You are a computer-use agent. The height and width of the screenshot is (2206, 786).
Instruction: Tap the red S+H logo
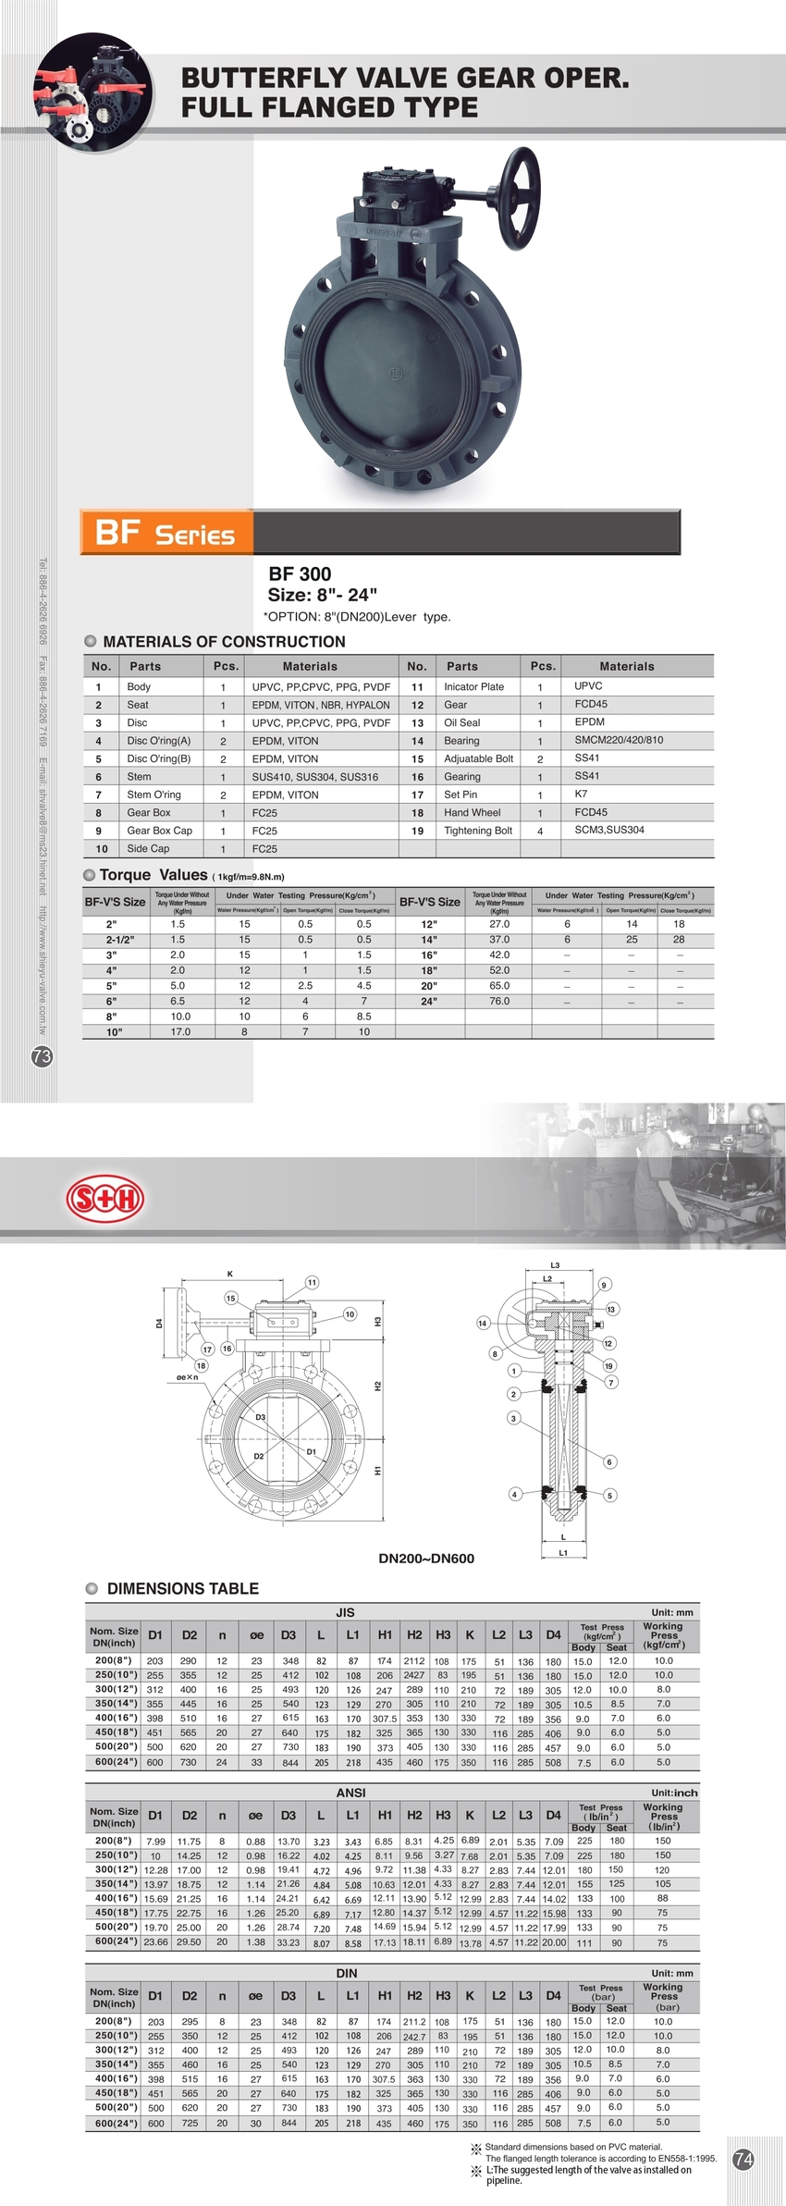[105, 1200]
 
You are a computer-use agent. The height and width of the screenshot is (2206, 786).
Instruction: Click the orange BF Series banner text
[166, 533]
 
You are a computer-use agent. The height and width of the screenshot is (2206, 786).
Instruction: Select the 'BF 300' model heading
[300, 573]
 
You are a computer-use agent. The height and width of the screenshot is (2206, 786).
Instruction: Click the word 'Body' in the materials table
[139, 686]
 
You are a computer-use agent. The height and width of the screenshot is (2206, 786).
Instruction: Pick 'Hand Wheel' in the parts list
[472, 812]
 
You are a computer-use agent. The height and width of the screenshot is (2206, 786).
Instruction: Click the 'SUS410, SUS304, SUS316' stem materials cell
[315, 777]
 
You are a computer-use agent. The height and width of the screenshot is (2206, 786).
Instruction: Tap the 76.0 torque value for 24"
[499, 1001]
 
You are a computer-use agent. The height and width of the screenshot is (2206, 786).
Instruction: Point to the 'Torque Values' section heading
[154, 875]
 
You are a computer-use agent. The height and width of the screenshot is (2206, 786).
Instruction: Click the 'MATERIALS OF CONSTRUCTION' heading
[224, 642]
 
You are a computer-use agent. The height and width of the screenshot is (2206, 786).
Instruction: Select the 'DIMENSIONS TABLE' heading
[182, 1588]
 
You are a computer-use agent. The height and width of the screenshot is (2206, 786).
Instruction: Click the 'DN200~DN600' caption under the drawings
[426, 1558]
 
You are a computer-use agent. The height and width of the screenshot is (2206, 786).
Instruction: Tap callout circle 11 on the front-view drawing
[313, 1282]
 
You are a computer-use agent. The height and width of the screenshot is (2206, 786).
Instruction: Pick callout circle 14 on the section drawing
[482, 1323]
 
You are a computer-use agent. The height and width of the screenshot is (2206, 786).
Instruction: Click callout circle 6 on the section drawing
[609, 1461]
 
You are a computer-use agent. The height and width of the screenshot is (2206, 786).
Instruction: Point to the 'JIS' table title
[345, 1611]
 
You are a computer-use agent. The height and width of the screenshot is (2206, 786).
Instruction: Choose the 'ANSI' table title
[350, 1792]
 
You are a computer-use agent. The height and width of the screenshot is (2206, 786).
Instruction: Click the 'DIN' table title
[347, 1972]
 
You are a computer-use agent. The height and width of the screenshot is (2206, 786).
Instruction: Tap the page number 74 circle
[743, 2159]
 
